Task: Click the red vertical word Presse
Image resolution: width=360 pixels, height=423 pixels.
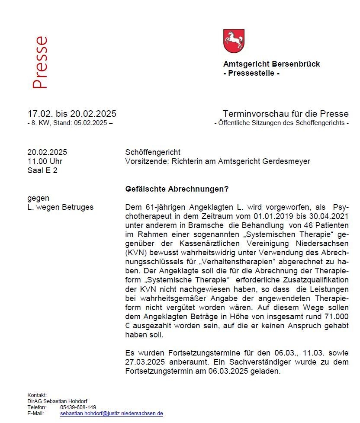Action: coord(40,63)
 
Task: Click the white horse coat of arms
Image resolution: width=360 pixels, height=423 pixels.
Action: coord(234,41)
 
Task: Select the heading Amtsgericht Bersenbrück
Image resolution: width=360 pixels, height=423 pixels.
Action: coord(271,64)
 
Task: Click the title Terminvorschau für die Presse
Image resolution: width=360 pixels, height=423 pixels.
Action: coord(285,114)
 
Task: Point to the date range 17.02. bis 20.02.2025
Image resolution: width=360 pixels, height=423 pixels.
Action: coord(72,114)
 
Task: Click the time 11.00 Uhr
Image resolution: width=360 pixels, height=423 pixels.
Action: coord(45,161)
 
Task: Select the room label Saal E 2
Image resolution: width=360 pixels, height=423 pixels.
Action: coord(42,170)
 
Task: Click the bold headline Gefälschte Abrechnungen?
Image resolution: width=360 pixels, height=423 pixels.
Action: coord(177,189)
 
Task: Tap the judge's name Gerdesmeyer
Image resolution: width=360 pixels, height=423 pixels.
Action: coord(289,161)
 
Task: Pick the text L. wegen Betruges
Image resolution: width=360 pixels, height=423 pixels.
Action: coord(60,207)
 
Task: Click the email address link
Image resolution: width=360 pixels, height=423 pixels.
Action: coord(112,413)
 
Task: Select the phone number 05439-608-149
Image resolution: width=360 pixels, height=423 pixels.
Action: coord(78,407)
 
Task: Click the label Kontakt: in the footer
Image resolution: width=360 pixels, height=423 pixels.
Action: coord(37,395)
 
